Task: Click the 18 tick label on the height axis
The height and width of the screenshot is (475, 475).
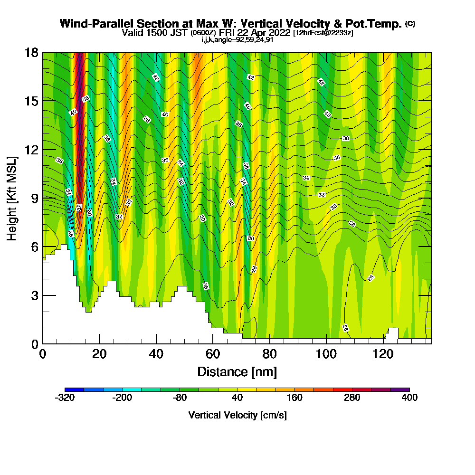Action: tap(31, 52)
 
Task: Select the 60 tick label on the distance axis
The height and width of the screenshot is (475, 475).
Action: tap(213, 355)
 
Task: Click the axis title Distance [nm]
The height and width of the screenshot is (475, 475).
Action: tap(237, 371)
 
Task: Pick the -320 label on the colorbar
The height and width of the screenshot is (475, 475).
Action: tap(65, 398)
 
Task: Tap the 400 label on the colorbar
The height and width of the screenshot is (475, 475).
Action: tap(409, 398)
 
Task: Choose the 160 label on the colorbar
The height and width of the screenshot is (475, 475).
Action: tap(294, 398)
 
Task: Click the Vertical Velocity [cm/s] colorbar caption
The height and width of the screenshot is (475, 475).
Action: tap(237, 415)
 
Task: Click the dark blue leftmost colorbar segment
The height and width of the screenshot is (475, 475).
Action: tap(74, 389)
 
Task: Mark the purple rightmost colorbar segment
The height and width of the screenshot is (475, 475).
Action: tap(400, 389)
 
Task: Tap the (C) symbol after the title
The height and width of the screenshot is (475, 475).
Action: tap(410, 24)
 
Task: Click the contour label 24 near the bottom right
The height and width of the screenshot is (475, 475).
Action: tap(345, 328)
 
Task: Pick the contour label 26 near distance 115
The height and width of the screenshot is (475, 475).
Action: tap(371, 277)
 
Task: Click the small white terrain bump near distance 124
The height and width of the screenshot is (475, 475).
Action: tap(393, 333)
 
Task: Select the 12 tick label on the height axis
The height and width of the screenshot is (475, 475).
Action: tap(31, 150)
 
